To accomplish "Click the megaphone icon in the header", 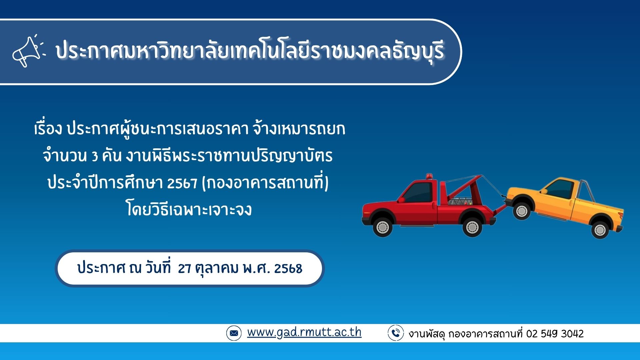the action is pos(28,51).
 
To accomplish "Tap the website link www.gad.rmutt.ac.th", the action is pos(304,332).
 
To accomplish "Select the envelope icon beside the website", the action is pos(234,333).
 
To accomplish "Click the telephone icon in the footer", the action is pos(396,333).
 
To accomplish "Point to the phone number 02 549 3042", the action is pos(555,334).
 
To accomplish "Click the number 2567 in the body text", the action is pos(182,183).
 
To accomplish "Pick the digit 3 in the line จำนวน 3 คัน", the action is pos(95,156).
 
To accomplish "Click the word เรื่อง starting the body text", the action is pos(48,129).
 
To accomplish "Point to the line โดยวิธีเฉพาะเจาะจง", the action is pos(189,209).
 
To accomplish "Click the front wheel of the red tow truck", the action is pos(382,227).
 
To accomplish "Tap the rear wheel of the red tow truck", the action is pos(472,227).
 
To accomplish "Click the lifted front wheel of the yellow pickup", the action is pos(522,210).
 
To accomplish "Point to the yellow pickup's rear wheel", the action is pos(600,229).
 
